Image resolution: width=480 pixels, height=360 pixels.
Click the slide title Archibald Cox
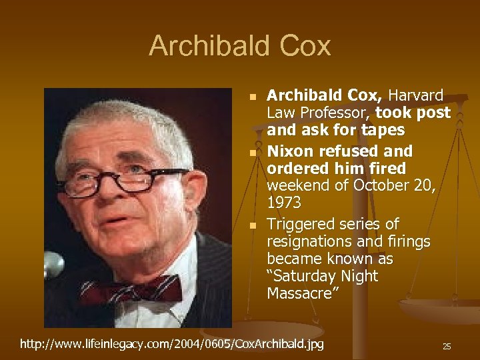[x=240, y=46]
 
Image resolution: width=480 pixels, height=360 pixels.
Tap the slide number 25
[x=447, y=346]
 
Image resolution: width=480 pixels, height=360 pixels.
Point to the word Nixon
[x=288, y=151]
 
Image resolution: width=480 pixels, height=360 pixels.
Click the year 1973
[x=284, y=201]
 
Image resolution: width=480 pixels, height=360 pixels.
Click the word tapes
[x=381, y=131]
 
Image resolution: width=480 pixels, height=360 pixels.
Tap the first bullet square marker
[x=252, y=97]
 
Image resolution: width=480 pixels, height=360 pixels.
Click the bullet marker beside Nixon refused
[x=252, y=153]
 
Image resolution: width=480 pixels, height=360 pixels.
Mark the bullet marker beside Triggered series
[x=252, y=225]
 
